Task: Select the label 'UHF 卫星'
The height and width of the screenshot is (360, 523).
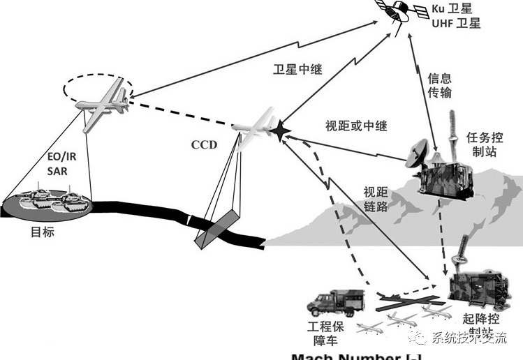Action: pyautogui.click(x=456, y=24)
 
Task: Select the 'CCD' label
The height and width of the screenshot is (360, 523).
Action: pyautogui.click(x=204, y=145)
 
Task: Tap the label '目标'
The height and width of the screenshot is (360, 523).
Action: pyautogui.click(x=43, y=232)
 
